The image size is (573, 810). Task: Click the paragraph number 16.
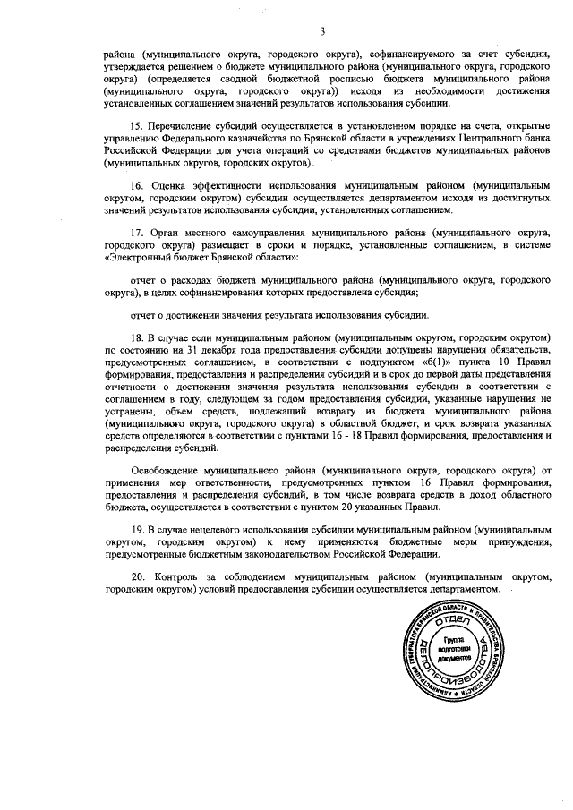[x=137, y=185]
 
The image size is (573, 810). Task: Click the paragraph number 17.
[x=137, y=230]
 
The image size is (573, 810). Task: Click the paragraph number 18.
[x=137, y=337]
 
